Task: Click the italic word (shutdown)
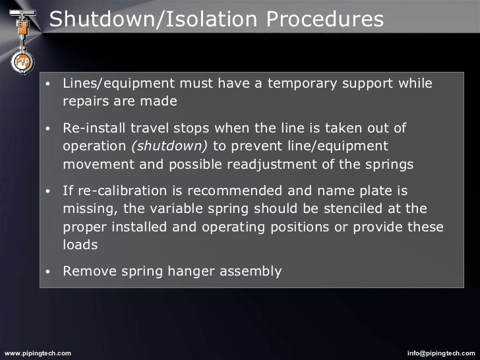pyautogui.click(x=170, y=145)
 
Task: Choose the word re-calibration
pyautogui.click(x=119, y=191)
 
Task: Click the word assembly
pyautogui.click(x=254, y=270)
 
